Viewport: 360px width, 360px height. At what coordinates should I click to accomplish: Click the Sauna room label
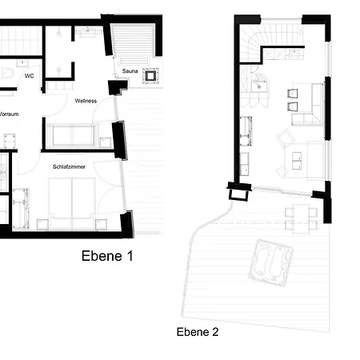click(130, 71)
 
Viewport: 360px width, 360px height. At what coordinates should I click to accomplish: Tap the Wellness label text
click(86, 101)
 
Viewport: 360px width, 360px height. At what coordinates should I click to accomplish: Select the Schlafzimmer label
click(69, 166)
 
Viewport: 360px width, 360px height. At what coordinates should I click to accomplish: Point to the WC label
click(30, 76)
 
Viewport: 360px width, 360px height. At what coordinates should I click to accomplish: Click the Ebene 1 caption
click(107, 256)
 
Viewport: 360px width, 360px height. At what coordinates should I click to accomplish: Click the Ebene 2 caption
click(198, 332)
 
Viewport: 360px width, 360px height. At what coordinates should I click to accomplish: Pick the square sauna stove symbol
click(150, 76)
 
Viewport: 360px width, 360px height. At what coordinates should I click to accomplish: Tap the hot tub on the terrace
click(270, 262)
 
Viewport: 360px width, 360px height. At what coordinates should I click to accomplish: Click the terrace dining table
click(302, 218)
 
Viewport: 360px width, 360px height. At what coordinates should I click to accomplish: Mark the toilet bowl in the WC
click(6, 74)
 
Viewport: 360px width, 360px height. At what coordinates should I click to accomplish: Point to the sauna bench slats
click(133, 39)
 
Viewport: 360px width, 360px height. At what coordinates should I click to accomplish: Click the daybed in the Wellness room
click(73, 135)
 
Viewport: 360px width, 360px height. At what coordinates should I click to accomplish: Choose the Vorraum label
click(9, 114)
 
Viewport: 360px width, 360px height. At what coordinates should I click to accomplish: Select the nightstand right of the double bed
click(102, 225)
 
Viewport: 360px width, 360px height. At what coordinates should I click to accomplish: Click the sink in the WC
click(22, 63)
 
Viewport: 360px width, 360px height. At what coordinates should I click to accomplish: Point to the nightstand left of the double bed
click(42, 225)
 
